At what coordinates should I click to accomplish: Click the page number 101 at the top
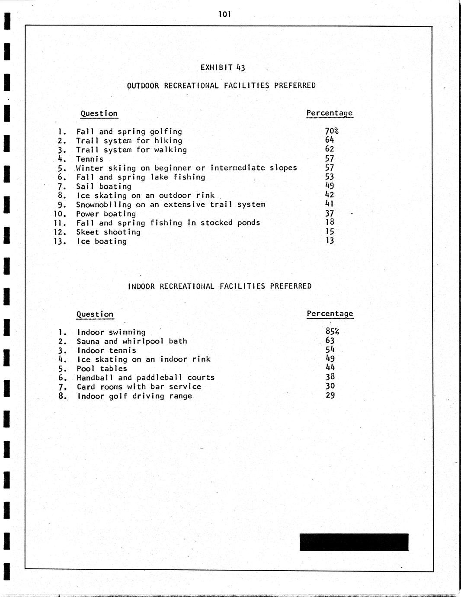225,14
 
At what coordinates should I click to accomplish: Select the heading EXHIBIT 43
223,67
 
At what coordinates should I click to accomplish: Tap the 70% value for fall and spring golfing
332,131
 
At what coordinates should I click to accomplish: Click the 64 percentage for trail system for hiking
330,140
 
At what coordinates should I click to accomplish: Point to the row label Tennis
90,159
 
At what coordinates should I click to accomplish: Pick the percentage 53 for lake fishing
330,177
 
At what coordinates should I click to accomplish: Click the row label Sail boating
104,186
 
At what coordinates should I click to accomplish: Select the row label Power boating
106,214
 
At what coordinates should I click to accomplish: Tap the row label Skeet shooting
108,232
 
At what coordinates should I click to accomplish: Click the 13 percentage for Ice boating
330,241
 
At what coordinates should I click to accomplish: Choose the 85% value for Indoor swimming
332,331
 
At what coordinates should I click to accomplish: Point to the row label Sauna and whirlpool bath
132,341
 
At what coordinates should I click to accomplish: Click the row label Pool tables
102,369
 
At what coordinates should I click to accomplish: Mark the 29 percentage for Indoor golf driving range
330,395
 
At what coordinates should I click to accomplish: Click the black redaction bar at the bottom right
354,542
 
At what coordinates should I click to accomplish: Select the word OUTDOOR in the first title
143,86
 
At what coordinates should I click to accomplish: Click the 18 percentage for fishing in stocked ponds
330,222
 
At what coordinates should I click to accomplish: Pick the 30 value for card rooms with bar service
330,386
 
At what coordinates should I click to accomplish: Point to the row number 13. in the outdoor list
60,241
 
